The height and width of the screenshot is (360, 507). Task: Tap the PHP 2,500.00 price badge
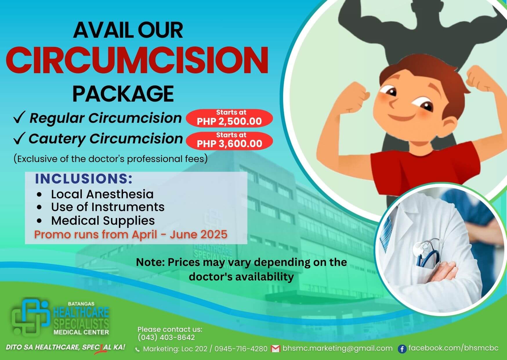229,118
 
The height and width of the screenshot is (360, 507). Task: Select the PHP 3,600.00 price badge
229,141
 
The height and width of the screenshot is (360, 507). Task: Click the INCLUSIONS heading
84,179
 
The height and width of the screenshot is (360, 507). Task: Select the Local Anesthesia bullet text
102,194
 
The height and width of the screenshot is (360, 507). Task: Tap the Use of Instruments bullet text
108,207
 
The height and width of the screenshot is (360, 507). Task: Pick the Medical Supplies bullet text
103,221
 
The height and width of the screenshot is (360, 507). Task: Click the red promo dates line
131,234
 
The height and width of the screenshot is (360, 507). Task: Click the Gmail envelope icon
275,349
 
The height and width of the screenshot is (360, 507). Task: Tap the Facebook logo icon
402,349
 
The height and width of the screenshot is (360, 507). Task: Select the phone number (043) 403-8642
166,337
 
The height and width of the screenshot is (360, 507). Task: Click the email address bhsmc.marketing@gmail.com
337,348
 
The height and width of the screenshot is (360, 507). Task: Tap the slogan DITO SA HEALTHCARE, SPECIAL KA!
66,347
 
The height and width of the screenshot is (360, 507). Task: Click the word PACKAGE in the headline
123,93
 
